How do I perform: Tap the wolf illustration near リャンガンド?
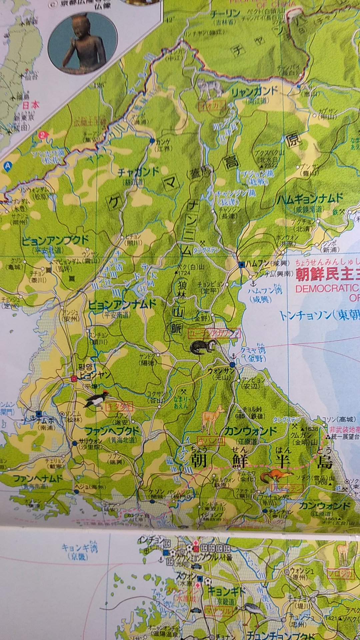coord(210,88)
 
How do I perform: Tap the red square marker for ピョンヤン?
coord(74,378)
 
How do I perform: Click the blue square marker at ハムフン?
coord(242,265)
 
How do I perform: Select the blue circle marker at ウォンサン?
coord(232,365)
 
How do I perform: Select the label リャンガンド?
coord(255,91)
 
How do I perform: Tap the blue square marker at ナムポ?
coord(39,414)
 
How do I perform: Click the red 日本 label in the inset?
coord(31,105)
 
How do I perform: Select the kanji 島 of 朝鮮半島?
coord(325,461)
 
